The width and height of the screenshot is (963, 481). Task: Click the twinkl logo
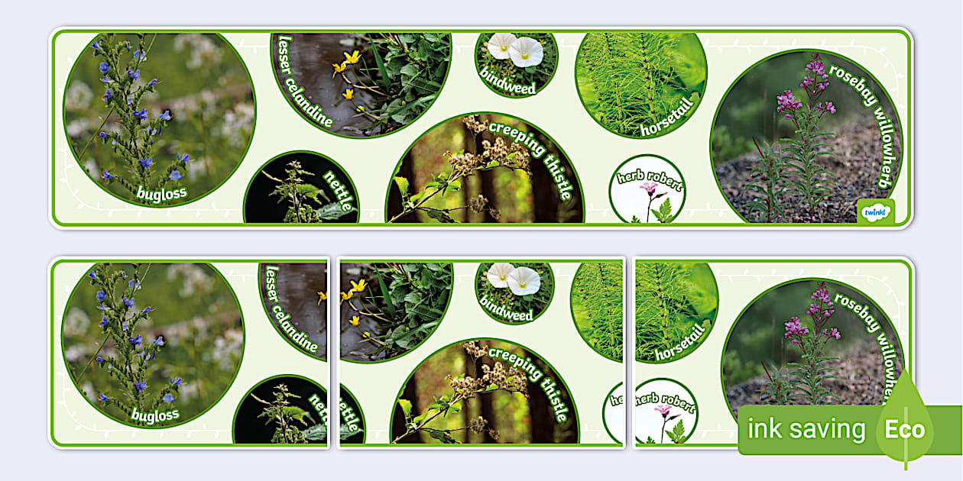click(x=875, y=212)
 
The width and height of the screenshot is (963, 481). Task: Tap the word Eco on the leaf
click(x=905, y=429)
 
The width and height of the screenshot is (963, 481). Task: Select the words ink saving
click(x=806, y=428)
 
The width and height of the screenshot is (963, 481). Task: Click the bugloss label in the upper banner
click(x=162, y=193)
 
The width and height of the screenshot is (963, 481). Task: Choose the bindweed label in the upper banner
click(x=508, y=82)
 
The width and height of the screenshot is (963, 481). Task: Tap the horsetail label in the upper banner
click(x=667, y=117)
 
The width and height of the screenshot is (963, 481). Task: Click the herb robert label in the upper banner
click(x=649, y=180)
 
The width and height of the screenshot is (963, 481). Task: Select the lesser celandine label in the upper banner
click(x=303, y=82)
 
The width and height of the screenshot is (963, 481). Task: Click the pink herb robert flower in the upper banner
click(x=648, y=188)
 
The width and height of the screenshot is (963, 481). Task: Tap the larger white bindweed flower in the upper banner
click(x=526, y=52)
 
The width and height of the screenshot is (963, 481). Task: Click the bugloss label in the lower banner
click(x=154, y=415)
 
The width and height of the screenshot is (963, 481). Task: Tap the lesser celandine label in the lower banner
click(x=290, y=309)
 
